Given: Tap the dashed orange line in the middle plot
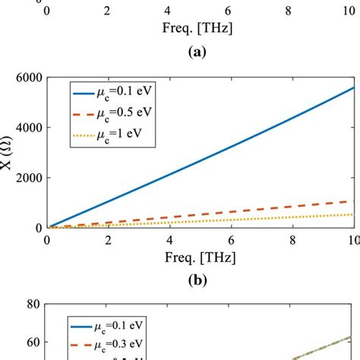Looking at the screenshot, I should (x=228, y=204).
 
